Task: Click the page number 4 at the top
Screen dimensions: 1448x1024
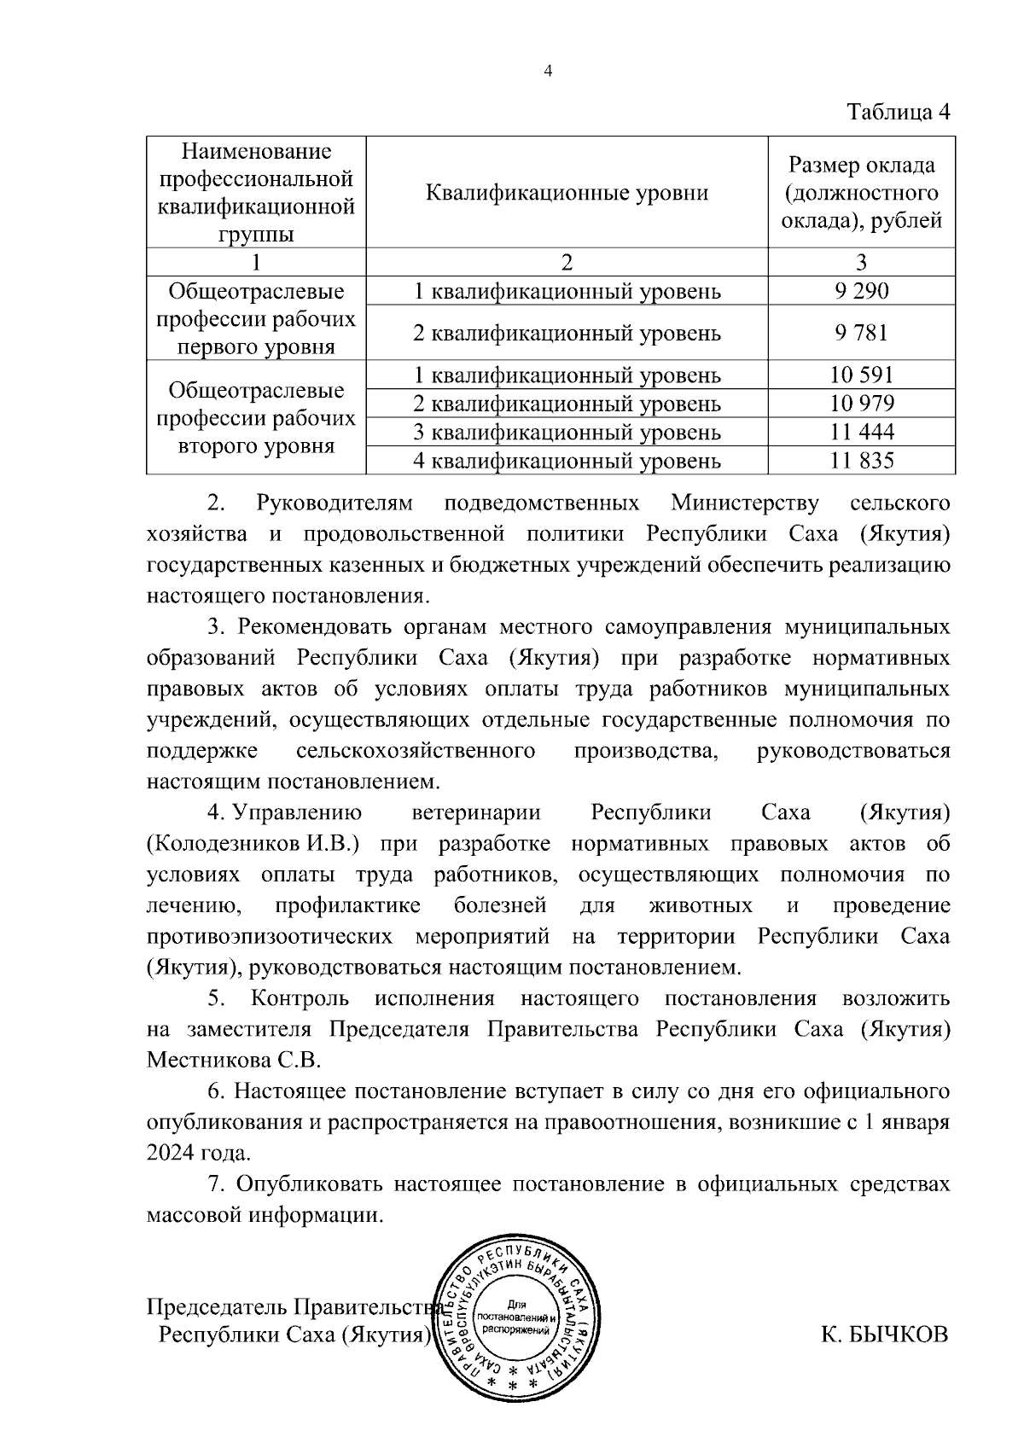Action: [x=549, y=73]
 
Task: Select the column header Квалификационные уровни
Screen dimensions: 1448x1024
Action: [x=567, y=193]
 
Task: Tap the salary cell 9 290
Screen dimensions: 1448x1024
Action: [x=862, y=291]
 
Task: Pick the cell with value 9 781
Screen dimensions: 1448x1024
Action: [x=862, y=333]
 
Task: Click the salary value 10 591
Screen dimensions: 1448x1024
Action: [x=862, y=375]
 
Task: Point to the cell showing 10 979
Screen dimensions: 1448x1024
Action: [x=862, y=404]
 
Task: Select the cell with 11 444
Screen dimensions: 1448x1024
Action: [x=862, y=433]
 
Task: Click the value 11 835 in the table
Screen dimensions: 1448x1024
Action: [x=862, y=462]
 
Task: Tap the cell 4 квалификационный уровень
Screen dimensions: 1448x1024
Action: [x=567, y=462]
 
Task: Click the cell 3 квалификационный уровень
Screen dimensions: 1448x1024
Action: [x=567, y=433]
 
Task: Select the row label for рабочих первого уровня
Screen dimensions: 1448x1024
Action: [x=256, y=319]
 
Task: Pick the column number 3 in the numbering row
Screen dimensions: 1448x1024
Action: [x=862, y=262]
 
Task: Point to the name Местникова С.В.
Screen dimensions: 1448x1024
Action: [x=233, y=1061]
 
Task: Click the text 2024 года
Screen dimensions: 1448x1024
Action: [x=199, y=1154]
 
